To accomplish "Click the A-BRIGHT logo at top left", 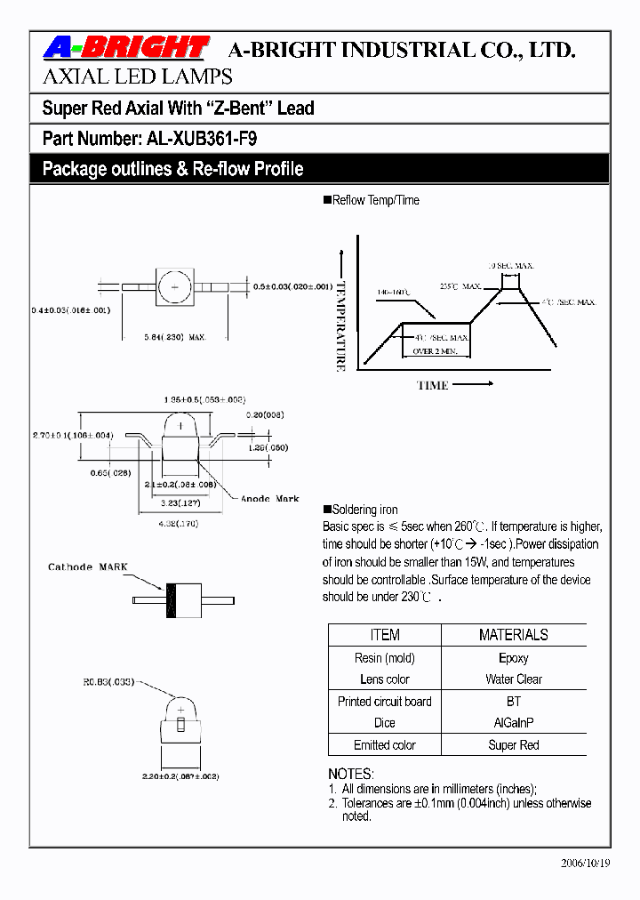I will click(125, 48).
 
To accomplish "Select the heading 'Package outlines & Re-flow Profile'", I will click(173, 169).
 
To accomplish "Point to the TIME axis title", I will click(433, 385).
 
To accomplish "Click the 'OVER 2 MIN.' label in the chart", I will click(435, 352).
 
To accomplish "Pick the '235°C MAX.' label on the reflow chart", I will click(460, 286).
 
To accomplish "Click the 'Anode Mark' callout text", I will click(270, 499).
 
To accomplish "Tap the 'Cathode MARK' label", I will click(88, 567).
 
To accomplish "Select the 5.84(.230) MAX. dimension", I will click(176, 336).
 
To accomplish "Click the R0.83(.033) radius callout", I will click(108, 682).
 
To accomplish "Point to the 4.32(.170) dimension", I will click(178, 525).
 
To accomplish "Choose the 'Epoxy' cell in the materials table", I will click(513, 658).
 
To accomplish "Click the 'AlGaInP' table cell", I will click(513, 723).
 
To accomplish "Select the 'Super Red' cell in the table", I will click(513, 745).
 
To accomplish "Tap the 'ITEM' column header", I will click(384, 635).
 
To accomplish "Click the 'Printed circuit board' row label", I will click(384, 702).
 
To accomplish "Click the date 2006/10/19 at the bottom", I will click(586, 863).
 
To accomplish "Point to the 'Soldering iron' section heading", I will click(364, 510).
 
